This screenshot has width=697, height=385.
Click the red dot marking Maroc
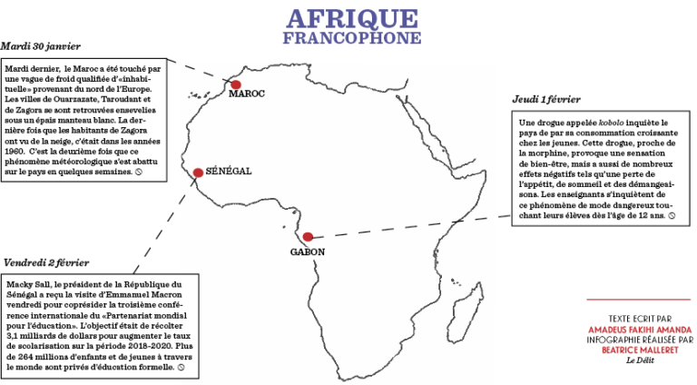click(235, 84)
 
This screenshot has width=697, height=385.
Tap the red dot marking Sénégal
click(198, 173)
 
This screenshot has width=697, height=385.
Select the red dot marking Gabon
click(308, 237)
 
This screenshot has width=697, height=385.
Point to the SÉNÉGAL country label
click(228, 171)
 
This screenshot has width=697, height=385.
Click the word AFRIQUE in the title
click(352, 19)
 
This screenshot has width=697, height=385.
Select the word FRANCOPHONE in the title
click(352, 38)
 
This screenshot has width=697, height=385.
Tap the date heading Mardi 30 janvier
click(41, 46)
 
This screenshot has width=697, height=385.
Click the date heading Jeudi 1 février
click(546, 99)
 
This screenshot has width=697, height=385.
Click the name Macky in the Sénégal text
click(18, 283)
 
